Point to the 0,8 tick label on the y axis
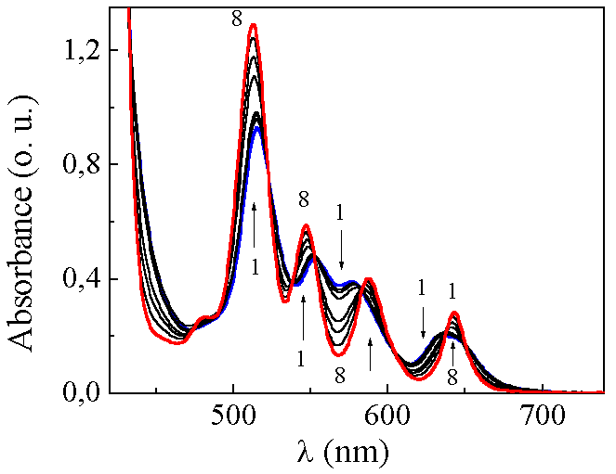pyautogui.click(x=96, y=165)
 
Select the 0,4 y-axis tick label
pyautogui.click(x=96, y=279)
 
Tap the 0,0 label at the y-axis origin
pyautogui.click(x=96, y=393)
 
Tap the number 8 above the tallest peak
pyautogui.click(x=238, y=16)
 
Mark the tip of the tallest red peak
pyautogui.click(x=253, y=25)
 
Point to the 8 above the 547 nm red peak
pyautogui.click(x=304, y=199)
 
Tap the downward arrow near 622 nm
pyautogui.click(x=423, y=316)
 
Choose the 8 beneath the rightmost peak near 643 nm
pyautogui.click(x=452, y=378)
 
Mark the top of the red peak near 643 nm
pyautogui.click(x=454, y=314)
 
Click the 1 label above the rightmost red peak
pyautogui.click(x=452, y=291)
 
